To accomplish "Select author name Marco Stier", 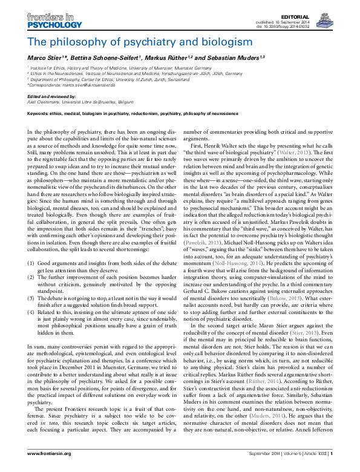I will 43,58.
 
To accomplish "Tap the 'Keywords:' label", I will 39,113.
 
